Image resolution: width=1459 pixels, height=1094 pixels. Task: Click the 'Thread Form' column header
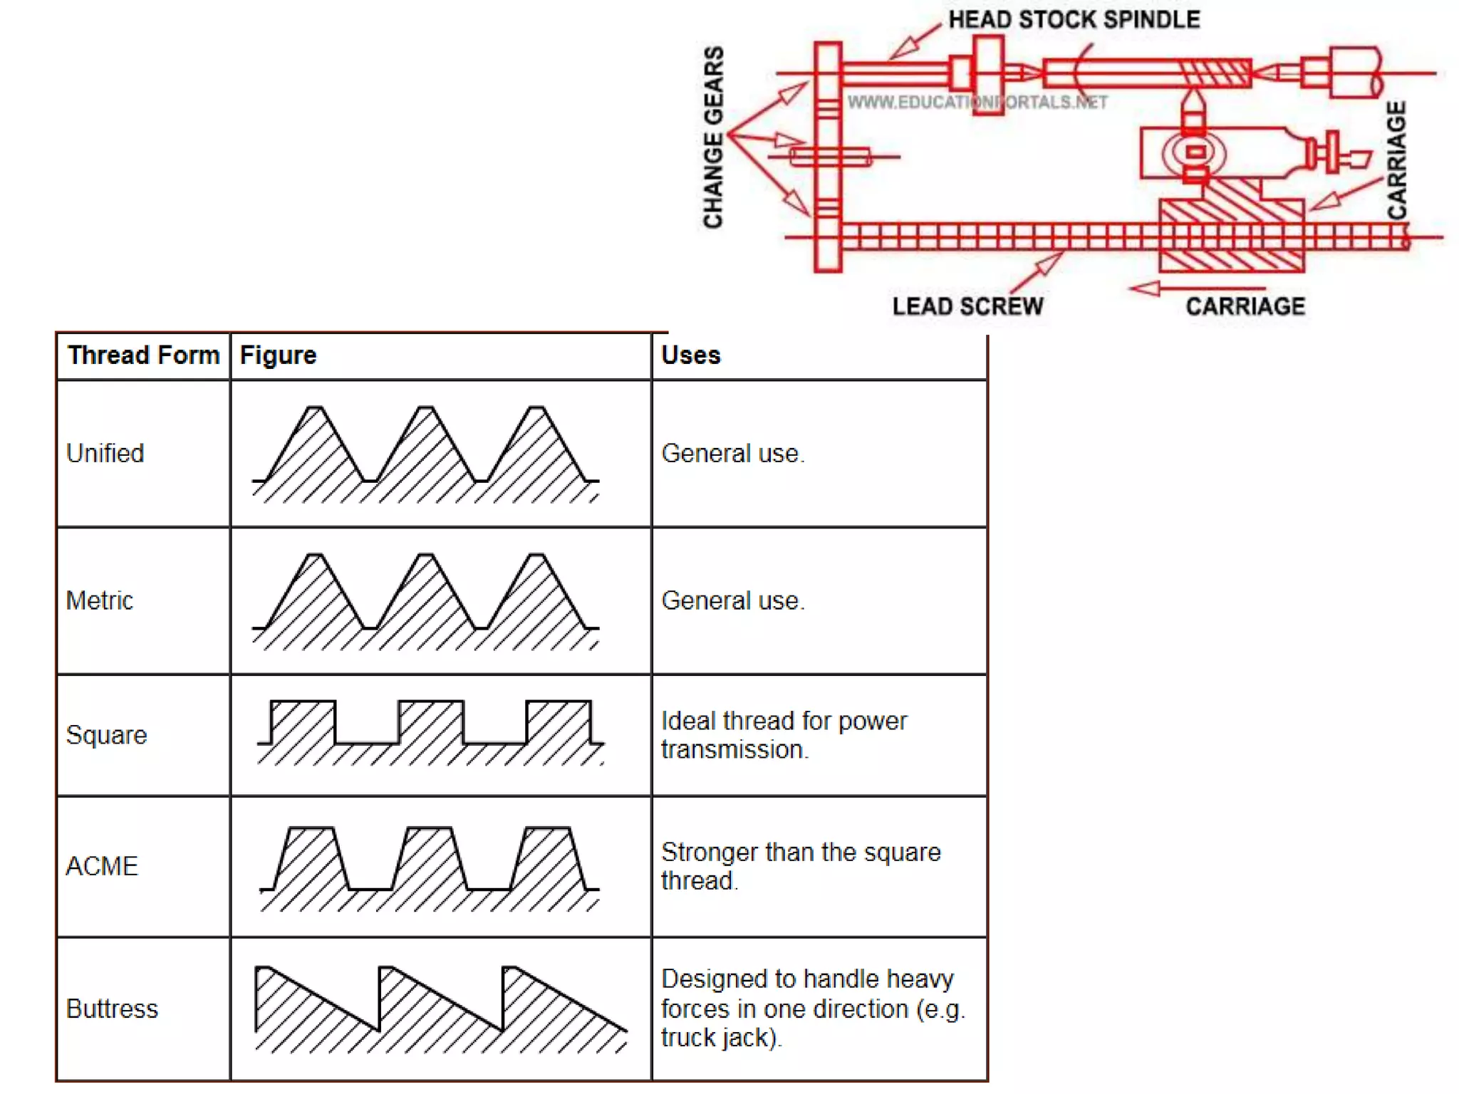click(x=143, y=355)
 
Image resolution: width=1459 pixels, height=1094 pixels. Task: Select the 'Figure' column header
click(x=278, y=355)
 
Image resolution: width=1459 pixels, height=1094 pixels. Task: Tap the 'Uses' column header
click(x=690, y=355)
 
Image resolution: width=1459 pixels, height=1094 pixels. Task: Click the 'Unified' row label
click(x=105, y=453)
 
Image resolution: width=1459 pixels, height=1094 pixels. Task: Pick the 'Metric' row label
click(x=99, y=600)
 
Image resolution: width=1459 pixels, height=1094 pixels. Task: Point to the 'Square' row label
click(x=106, y=734)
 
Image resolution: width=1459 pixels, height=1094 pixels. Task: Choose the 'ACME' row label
click(x=101, y=866)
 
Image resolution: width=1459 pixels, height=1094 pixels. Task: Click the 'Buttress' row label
click(x=112, y=1009)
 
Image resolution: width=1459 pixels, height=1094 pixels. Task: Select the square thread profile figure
click(x=430, y=733)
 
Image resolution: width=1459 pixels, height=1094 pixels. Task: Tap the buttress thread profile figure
click(x=440, y=1009)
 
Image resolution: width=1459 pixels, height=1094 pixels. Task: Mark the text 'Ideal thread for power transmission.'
click(x=784, y=734)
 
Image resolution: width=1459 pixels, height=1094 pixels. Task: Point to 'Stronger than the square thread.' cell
click(x=800, y=866)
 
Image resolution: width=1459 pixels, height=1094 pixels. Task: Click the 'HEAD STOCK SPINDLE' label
click(x=1074, y=19)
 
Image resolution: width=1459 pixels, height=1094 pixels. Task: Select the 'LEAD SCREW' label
click(x=967, y=306)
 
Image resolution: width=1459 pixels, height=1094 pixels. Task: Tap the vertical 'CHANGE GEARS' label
click(x=713, y=137)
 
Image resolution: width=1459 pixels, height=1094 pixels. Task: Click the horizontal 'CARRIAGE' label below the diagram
click(x=1245, y=306)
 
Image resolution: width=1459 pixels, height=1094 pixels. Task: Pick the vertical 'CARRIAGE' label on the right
click(x=1396, y=160)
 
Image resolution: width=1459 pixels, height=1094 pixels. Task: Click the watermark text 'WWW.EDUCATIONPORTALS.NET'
click(x=977, y=103)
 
